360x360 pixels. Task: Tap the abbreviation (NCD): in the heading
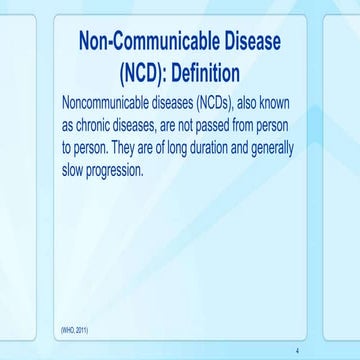(x=133, y=75)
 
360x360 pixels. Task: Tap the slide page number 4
(x=297, y=351)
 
